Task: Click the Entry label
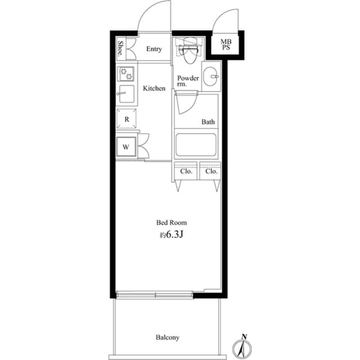tap(154, 49)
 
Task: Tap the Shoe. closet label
tap(121, 48)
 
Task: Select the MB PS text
tap(225, 44)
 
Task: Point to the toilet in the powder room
tap(188, 50)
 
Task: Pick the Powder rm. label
tap(187, 81)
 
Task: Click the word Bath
tap(208, 121)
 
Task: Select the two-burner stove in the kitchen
tap(126, 74)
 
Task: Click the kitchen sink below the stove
tap(126, 95)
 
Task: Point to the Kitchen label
tap(154, 88)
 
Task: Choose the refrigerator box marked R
tap(127, 119)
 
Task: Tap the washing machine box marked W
tap(127, 147)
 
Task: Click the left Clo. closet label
tap(187, 171)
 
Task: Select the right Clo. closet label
tap(211, 171)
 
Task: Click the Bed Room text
tap(171, 223)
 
